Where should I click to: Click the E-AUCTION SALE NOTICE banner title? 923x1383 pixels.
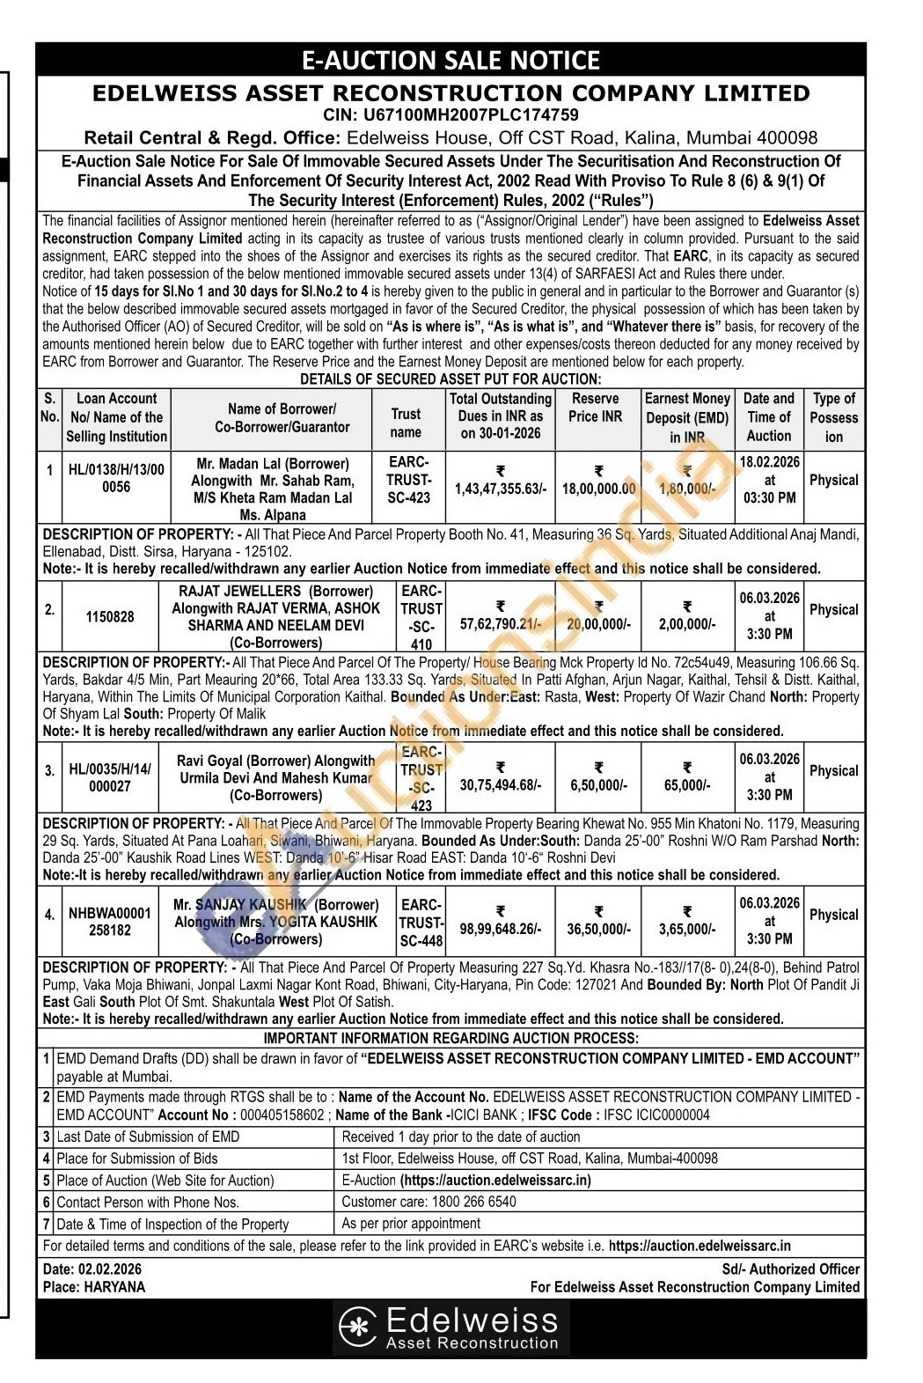tap(451, 60)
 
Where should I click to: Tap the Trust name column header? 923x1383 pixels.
tap(406, 423)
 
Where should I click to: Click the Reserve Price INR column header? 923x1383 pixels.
tap(596, 408)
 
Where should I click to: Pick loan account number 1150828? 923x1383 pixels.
tap(110, 617)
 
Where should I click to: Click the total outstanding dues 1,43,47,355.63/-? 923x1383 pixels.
tap(500, 489)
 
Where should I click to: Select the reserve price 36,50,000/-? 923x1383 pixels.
tap(597, 929)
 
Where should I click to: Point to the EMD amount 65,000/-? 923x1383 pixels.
tap(687, 785)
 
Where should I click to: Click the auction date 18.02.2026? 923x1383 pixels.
tap(770, 462)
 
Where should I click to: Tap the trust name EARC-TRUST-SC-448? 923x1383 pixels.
tap(421, 923)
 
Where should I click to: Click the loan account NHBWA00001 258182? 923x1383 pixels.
tap(110, 922)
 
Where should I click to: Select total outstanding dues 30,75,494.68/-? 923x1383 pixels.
tap(500, 785)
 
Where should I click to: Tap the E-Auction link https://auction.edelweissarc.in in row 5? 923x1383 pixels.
tap(495, 1180)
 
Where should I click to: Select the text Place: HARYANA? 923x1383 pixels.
tap(94, 1286)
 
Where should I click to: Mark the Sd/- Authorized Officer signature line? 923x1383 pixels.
tap(790, 1269)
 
